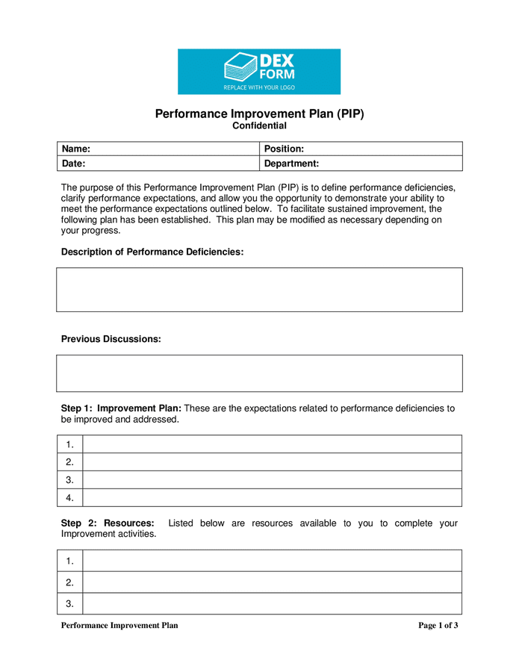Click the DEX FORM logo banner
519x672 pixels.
(x=258, y=72)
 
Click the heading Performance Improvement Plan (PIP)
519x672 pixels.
(x=259, y=113)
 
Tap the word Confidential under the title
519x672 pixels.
(x=259, y=126)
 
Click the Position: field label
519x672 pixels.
(x=284, y=149)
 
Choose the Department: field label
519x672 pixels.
(x=292, y=163)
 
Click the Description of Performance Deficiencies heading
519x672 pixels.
(x=152, y=252)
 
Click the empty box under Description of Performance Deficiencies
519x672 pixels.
(x=259, y=290)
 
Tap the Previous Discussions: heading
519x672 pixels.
(x=111, y=339)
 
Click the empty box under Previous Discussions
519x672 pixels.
(x=259, y=373)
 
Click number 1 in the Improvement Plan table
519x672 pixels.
(x=69, y=444)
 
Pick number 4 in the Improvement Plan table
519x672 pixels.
(x=69, y=498)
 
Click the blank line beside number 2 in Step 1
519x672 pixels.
(x=272, y=462)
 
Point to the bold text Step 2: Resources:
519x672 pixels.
(x=108, y=523)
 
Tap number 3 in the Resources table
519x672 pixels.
(x=69, y=603)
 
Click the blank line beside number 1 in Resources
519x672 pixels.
(x=272, y=561)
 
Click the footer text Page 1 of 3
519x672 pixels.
(x=438, y=626)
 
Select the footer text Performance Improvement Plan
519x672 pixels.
(x=119, y=626)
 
